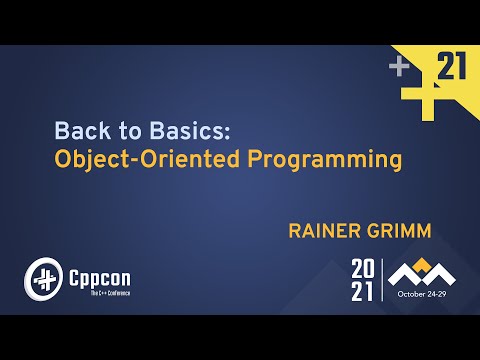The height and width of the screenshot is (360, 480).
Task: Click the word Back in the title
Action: pyautogui.click(x=76, y=131)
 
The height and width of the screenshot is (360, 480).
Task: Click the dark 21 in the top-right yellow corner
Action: pyautogui.click(x=453, y=68)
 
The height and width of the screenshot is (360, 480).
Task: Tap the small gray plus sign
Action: pyautogui.click(x=400, y=67)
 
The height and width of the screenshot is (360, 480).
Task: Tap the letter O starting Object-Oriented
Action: pyautogui.click(x=62, y=159)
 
